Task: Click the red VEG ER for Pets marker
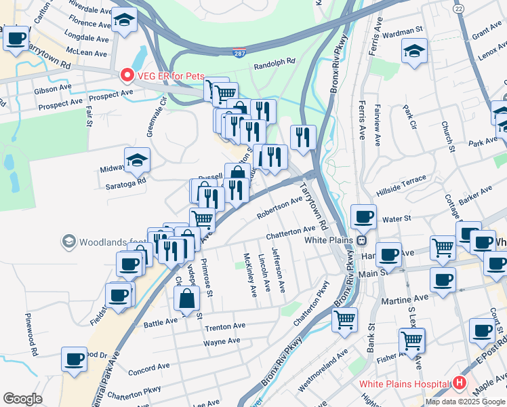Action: click(126, 76)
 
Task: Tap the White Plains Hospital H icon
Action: click(460, 383)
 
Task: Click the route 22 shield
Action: click(459, 7)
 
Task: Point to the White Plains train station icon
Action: click(362, 239)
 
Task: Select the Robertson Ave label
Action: click(280, 208)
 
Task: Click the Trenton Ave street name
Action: click(224, 327)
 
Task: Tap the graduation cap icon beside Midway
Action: click(137, 161)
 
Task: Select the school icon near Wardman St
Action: click(413, 50)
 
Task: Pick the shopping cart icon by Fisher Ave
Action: click(411, 341)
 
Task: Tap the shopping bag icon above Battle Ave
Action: click(186, 297)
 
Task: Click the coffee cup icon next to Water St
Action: click(363, 217)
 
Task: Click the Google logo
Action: click(22, 399)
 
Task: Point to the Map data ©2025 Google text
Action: click(464, 402)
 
